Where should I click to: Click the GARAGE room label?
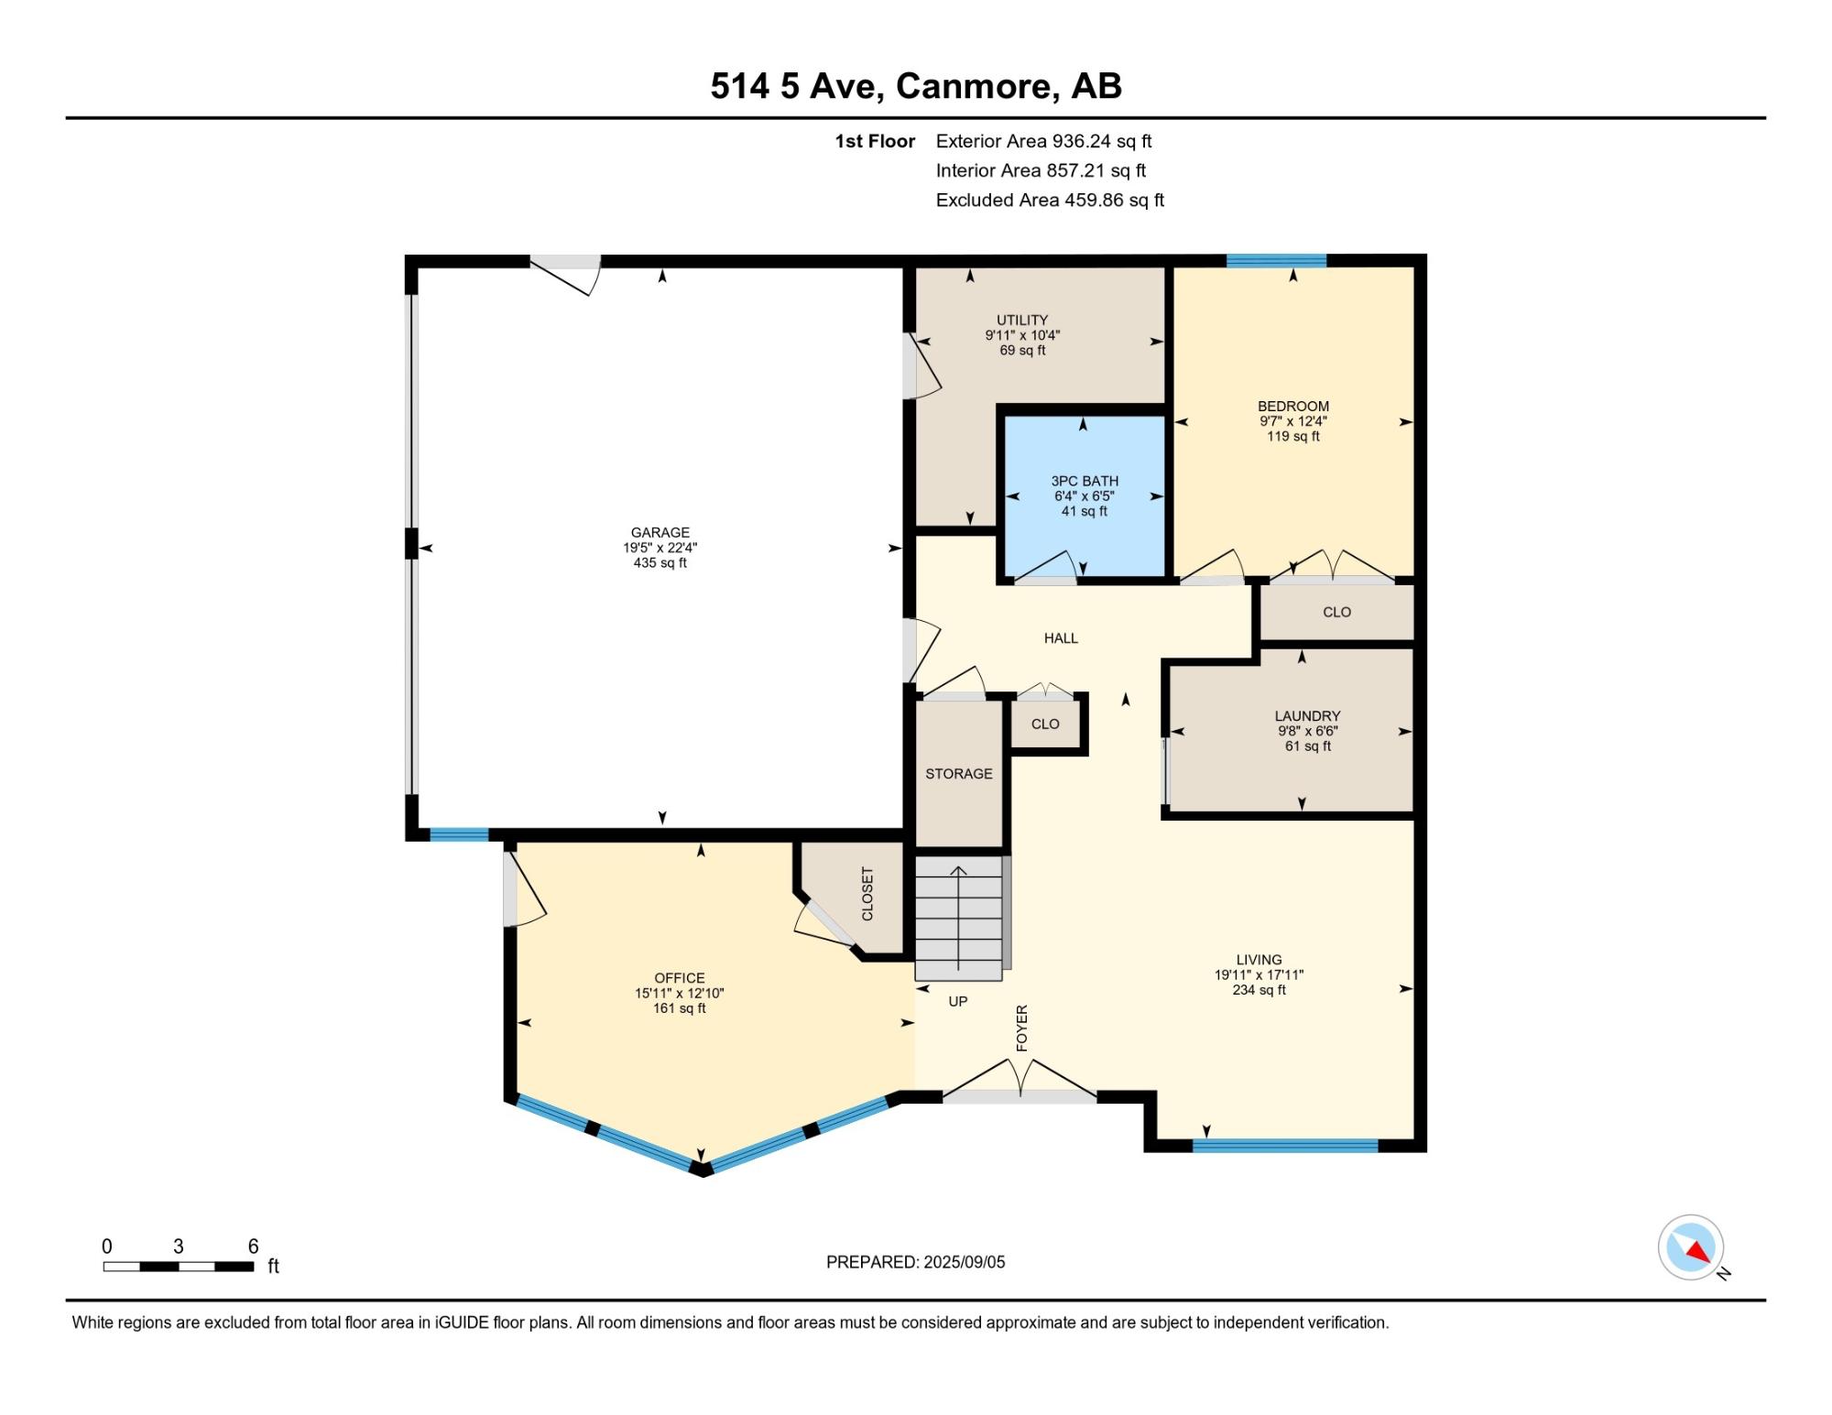coord(660,532)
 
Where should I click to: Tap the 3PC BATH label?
coord(1085,481)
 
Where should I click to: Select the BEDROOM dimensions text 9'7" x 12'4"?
coord(1293,421)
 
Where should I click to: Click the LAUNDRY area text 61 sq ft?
coord(1308,746)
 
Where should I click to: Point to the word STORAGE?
coord(959,774)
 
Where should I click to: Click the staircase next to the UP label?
coord(959,918)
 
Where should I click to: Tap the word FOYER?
coord(1022,1028)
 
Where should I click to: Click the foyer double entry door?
coord(1020,1081)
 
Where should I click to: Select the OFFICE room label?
coord(680,978)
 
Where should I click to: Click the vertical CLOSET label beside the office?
coord(867,894)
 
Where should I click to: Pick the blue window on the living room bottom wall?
coord(1285,1145)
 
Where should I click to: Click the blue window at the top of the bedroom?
coord(1277,261)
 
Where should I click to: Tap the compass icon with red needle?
coord(1691,1246)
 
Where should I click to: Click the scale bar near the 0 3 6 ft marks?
coord(179,1267)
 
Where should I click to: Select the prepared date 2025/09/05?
coord(965,1262)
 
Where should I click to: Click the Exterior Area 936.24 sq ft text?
coord(1043,141)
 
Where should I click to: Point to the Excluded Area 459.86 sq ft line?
coord(1050,200)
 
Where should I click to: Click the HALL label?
coord(1061,638)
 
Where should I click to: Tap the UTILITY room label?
coord(1022,321)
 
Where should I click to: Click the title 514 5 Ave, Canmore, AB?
coord(916,86)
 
